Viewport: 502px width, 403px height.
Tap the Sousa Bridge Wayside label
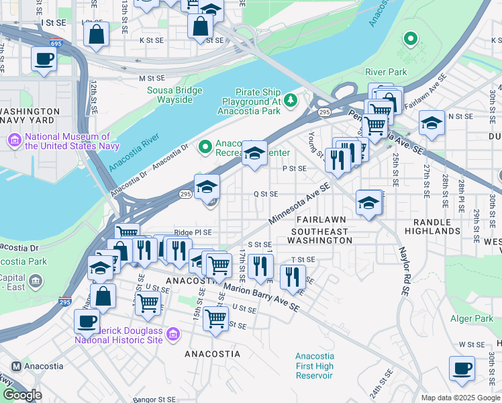click(x=165, y=95)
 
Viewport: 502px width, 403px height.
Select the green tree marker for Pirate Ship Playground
click(x=290, y=101)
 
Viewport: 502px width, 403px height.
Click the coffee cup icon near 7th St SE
click(x=44, y=59)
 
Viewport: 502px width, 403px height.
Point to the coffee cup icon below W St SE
click(x=462, y=369)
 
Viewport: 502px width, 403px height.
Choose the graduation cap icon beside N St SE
click(x=432, y=123)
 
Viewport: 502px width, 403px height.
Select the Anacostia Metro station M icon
click(x=17, y=367)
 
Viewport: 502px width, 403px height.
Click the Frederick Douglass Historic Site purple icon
click(x=172, y=334)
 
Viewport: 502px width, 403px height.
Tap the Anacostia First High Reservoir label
click(x=314, y=365)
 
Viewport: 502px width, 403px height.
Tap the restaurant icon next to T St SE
click(x=292, y=275)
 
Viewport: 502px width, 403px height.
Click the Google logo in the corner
click(x=21, y=395)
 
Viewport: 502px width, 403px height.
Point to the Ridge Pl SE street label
click(x=193, y=232)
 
